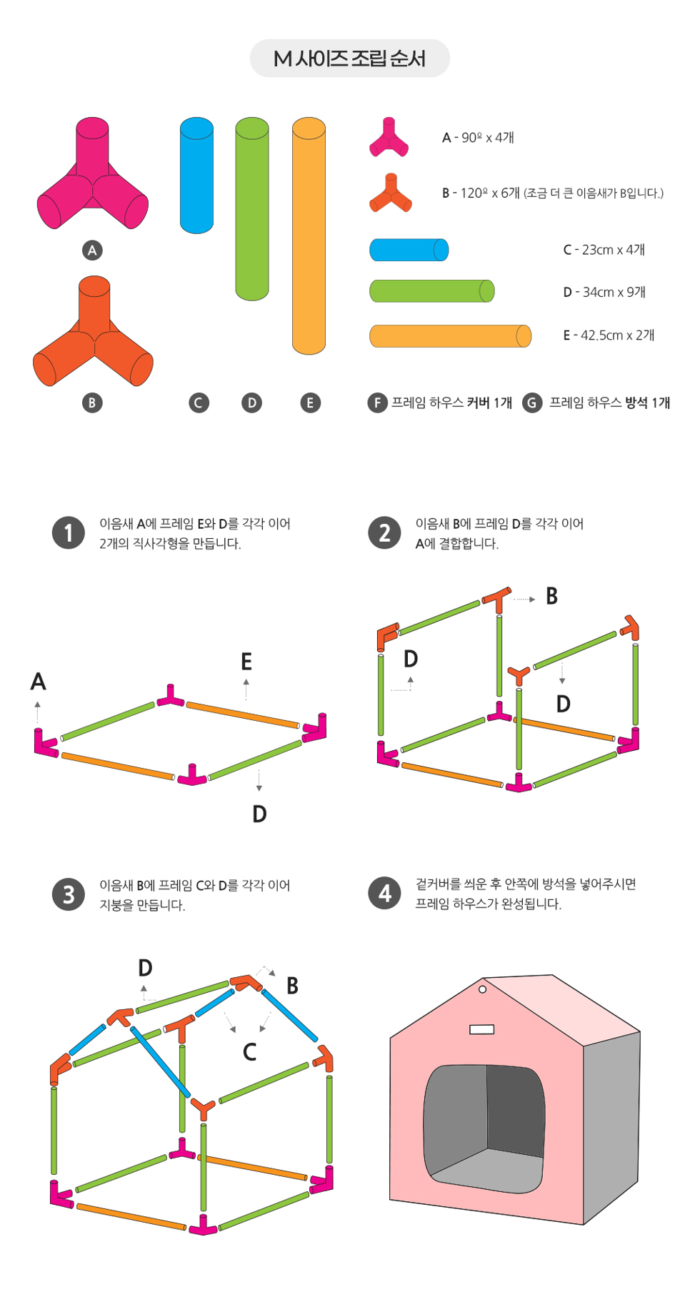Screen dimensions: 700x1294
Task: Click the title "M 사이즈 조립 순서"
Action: pos(349,59)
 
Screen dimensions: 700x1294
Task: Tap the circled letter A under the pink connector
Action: pos(92,251)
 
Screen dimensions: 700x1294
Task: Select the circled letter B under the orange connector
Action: pos(92,403)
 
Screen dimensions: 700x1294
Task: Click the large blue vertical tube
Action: pos(196,176)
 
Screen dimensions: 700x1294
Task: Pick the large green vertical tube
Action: pos(252,209)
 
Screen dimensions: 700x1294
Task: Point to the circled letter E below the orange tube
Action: pos(310,403)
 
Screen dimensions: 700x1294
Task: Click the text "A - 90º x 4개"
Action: pos(478,138)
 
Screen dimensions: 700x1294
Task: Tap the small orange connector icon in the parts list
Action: pos(391,193)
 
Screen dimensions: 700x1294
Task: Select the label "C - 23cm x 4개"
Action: pos(604,250)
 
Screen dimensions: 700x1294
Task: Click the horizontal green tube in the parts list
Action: pos(432,291)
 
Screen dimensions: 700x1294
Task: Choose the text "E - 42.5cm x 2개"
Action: pos(609,335)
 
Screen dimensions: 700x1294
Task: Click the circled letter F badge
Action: pos(377,403)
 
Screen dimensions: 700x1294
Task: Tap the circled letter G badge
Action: pos(532,403)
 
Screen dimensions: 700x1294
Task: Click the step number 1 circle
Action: pos(69,533)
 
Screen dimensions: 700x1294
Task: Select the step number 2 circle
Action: pos(385,533)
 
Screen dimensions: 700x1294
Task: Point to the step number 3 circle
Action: pos(69,894)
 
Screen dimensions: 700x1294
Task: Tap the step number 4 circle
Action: pos(385,893)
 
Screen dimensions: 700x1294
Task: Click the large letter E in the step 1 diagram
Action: pos(246,662)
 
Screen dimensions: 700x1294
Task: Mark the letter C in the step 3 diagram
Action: pos(250,1052)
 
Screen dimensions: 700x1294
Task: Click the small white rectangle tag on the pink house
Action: pos(482,1029)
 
